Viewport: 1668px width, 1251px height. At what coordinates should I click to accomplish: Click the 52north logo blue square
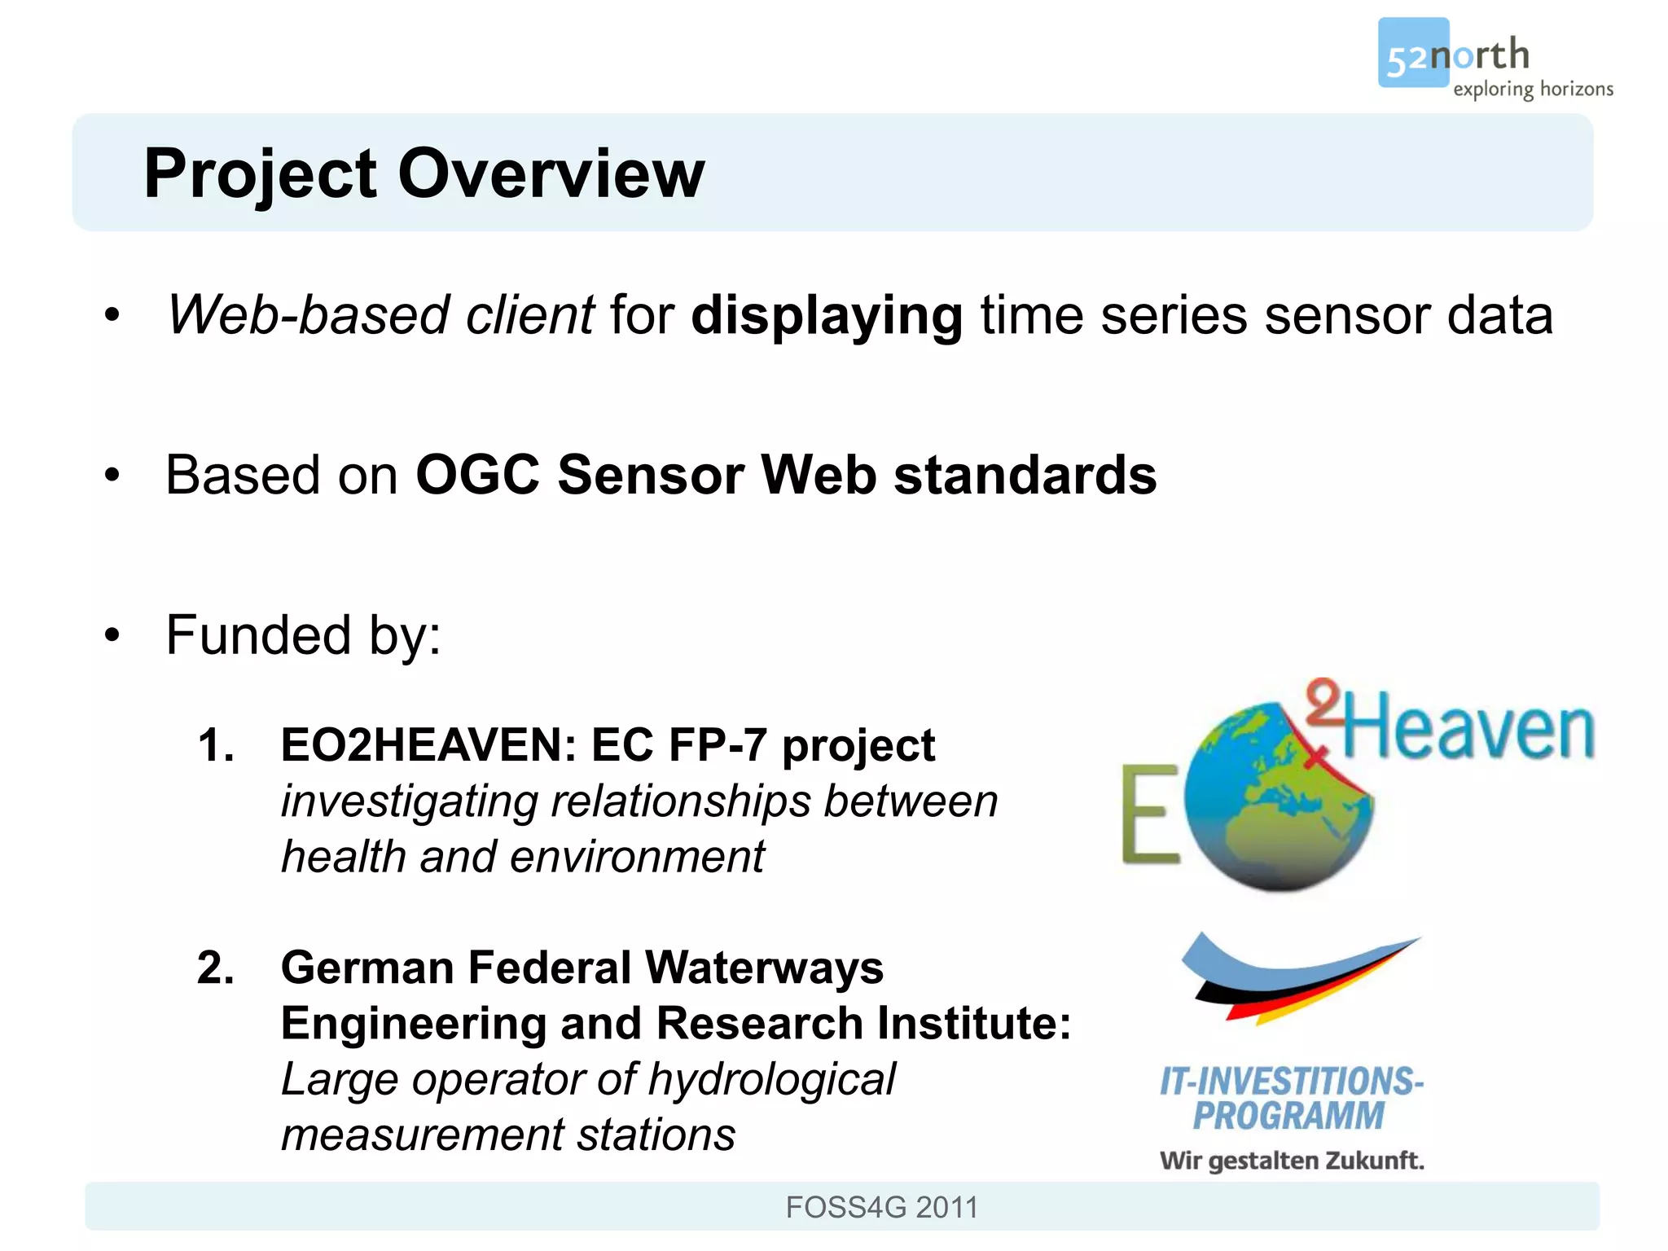coord(1411,52)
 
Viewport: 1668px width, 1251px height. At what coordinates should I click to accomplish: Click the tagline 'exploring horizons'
coord(1532,89)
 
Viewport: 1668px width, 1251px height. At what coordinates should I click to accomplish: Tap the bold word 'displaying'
coord(826,315)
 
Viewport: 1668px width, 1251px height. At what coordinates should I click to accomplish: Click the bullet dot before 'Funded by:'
coord(112,635)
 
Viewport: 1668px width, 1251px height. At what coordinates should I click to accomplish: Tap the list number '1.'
coord(216,745)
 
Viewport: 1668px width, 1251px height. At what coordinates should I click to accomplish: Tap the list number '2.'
coord(216,968)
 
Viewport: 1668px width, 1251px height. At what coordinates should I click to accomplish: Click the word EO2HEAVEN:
coord(428,745)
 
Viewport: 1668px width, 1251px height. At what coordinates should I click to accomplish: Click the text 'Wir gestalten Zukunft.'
coord(1292,1161)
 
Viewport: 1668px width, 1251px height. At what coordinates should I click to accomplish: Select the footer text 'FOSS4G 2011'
coord(881,1207)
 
